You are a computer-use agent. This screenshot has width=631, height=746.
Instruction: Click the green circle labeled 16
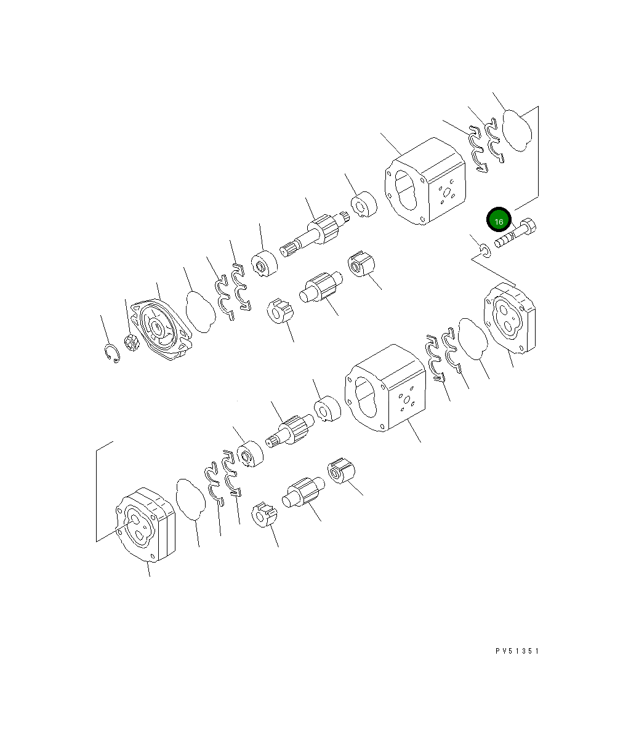tap(499, 221)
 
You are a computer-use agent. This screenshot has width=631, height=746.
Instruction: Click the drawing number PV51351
tap(516, 651)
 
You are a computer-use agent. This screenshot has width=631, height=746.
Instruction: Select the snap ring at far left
tap(111, 353)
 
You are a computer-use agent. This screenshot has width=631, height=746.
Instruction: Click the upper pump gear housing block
tap(425, 182)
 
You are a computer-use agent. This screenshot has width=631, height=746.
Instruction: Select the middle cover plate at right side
tap(510, 318)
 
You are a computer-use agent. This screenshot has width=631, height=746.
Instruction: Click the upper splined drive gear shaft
tap(314, 233)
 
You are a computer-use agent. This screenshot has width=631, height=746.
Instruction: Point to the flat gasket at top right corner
tap(517, 129)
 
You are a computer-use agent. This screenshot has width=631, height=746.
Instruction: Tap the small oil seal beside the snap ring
tap(131, 342)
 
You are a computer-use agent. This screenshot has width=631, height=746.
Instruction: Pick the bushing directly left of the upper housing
tap(363, 205)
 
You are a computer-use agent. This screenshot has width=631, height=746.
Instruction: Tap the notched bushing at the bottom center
tap(265, 515)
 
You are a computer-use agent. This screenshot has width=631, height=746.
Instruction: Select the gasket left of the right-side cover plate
tap(473, 339)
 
